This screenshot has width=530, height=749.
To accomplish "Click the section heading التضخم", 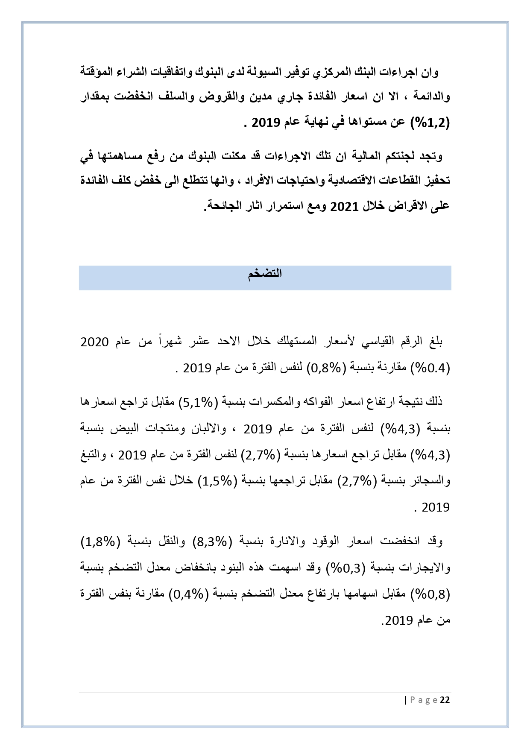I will coord(265,274).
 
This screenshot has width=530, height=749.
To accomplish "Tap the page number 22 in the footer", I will coord(445,700).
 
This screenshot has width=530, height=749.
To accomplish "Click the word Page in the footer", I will coord(424,700).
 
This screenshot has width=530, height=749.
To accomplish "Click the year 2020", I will coord(95,342).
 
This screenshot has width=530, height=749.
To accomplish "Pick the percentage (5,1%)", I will coord(201,402).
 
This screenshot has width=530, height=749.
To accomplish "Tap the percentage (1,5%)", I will coord(216,481).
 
